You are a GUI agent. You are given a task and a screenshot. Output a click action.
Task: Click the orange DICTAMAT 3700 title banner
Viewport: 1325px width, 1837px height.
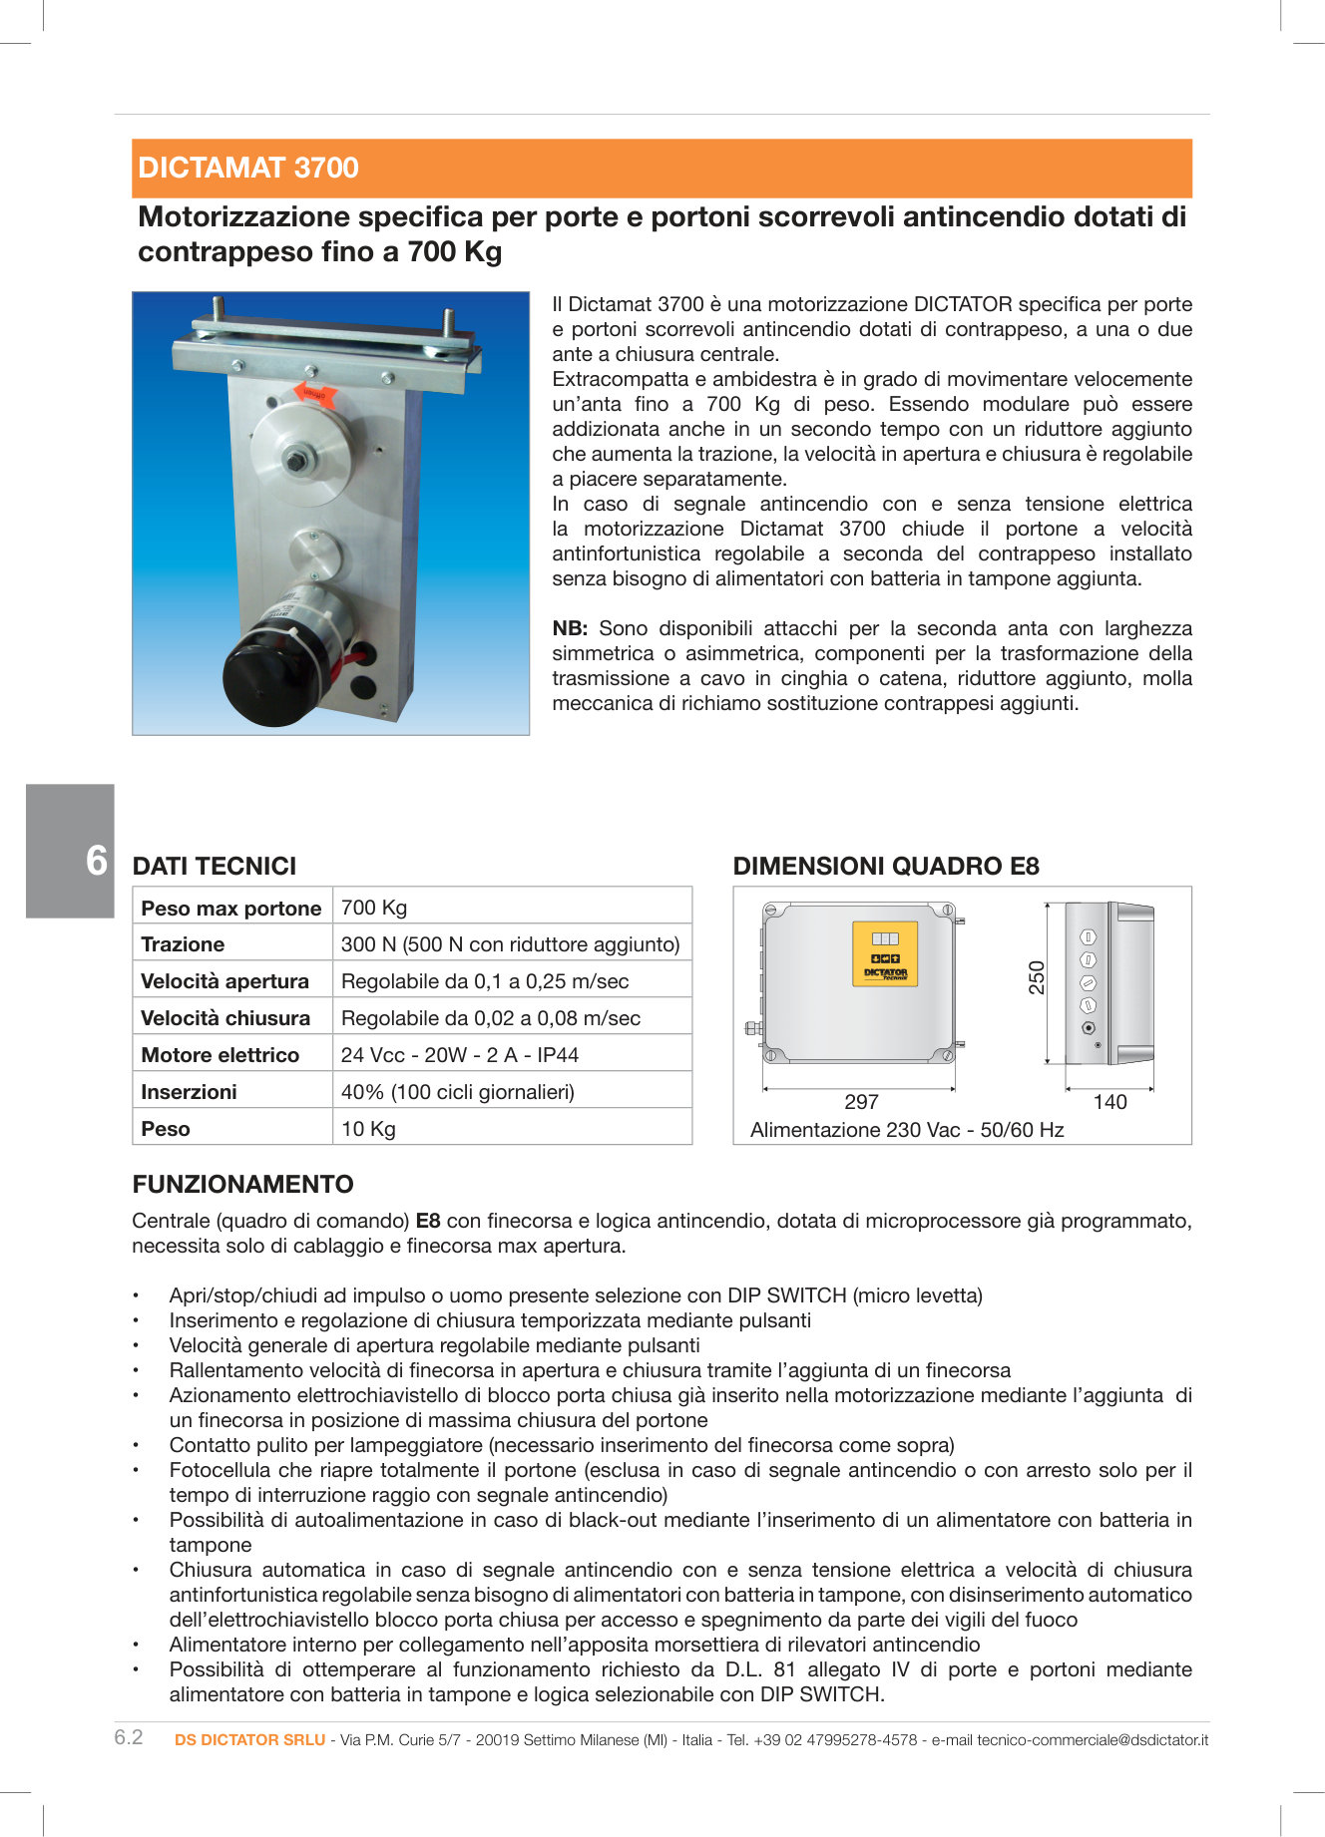pyautogui.click(x=662, y=168)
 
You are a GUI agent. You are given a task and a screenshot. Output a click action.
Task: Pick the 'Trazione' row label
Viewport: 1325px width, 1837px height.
pyautogui.click(x=183, y=943)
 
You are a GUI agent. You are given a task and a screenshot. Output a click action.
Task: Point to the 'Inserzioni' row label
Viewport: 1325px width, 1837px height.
pyautogui.click(x=189, y=1091)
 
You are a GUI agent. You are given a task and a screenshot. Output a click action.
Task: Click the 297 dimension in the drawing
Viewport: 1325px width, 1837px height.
pyautogui.click(x=861, y=1101)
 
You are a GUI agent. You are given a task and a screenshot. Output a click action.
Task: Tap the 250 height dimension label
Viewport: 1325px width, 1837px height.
pyautogui.click(x=1037, y=977)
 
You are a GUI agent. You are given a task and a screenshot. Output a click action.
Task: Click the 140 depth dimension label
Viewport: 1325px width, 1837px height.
pyautogui.click(x=1109, y=1101)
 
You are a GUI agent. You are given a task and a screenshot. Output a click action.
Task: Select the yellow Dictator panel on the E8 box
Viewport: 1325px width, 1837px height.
pyautogui.click(x=885, y=953)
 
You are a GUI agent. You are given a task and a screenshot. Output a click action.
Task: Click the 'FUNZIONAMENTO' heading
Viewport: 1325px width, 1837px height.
pyautogui.click(x=242, y=1184)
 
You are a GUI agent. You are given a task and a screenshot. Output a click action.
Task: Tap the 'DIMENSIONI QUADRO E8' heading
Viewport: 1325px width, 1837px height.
pyautogui.click(x=886, y=866)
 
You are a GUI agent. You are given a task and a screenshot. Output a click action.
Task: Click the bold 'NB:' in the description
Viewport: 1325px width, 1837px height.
pyautogui.click(x=570, y=628)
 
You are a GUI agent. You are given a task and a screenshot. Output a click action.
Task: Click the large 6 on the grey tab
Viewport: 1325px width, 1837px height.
pyautogui.click(x=96, y=860)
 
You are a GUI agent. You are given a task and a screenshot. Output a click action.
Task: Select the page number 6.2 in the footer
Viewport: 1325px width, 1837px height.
pyautogui.click(x=129, y=1737)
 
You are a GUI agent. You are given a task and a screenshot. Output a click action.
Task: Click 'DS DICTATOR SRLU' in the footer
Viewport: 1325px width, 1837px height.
pyautogui.click(x=249, y=1739)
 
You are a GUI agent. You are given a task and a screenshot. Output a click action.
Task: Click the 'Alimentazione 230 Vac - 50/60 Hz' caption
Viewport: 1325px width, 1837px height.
pyautogui.click(x=907, y=1129)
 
